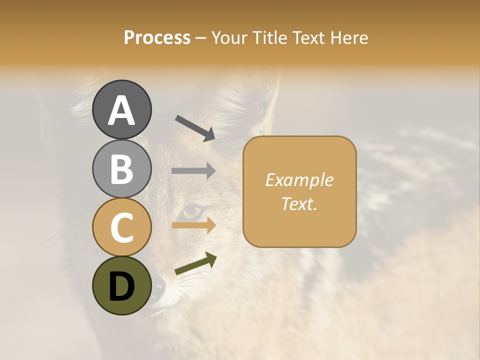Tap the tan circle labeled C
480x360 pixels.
point(122,227)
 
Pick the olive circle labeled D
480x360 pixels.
point(122,285)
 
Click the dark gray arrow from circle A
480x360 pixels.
point(195,128)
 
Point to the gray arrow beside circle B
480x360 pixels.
point(193,171)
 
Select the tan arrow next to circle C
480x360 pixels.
point(193,225)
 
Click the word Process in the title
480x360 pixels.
point(157,37)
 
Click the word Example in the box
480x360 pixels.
point(299,180)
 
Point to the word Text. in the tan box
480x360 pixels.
point(299,204)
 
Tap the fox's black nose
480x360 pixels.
point(158,286)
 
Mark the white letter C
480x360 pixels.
point(122,227)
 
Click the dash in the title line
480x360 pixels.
point(201,38)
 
